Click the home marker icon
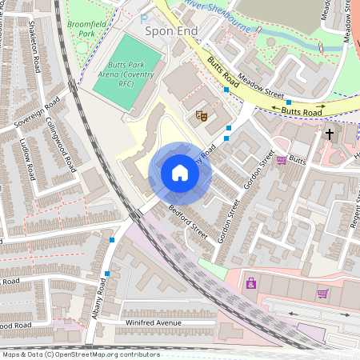pyautogui.click(x=180, y=173)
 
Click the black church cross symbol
pyautogui.click(x=329, y=134)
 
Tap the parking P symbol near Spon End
pyautogui.click(x=144, y=18)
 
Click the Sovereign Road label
pyautogui.click(x=37, y=115)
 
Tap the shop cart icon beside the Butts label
pyautogui.click(x=282, y=160)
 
